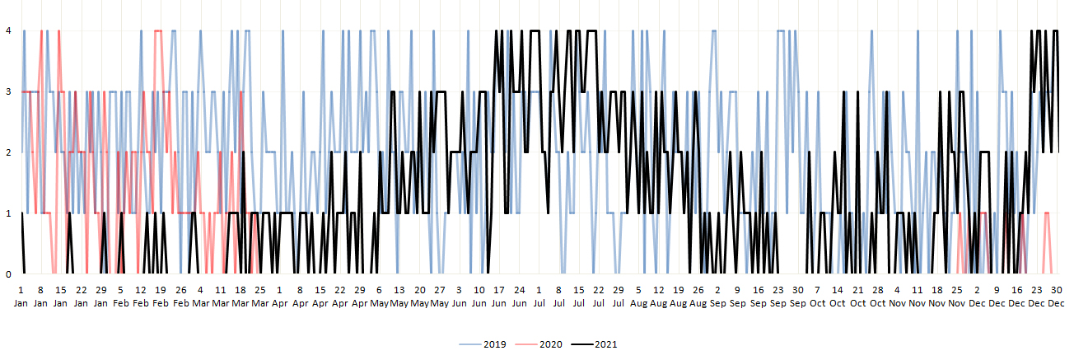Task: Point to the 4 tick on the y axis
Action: pyautogui.click(x=8, y=31)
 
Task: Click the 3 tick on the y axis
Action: pyautogui.click(x=8, y=92)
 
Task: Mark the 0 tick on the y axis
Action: pyautogui.click(x=8, y=274)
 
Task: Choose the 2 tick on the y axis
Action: pyautogui.click(x=8, y=153)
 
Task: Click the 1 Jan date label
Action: pyautogui.click(x=21, y=297)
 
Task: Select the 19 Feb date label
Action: pyautogui.click(x=161, y=297)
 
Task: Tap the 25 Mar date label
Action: pyautogui.click(x=260, y=297)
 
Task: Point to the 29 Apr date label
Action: pyautogui.click(x=360, y=297)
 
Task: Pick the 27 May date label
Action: pyautogui.click(x=440, y=297)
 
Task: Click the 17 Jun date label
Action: pyautogui.click(x=499, y=297)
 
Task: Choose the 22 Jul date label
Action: pyautogui.click(x=599, y=297)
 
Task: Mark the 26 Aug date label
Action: pyautogui.click(x=698, y=297)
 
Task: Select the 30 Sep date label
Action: pyautogui.click(x=798, y=297)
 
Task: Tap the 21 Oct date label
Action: pyautogui.click(x=857, y=297)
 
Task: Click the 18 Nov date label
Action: pyautogui.click(x=937, y=297)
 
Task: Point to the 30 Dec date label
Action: pyautogui.click(x=1057, y=297)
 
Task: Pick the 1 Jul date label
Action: pyautogui.click(x=539, y=297)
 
